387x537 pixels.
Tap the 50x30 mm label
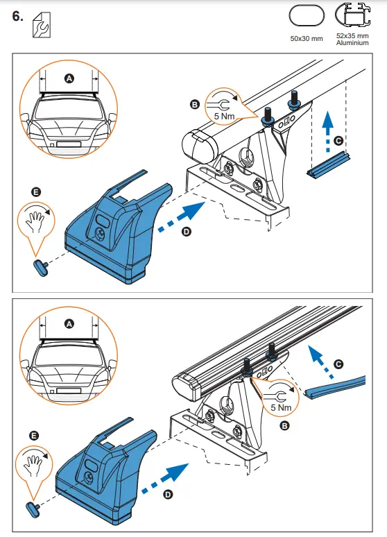(x=307, y=38)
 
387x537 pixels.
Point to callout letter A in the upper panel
(x=68, y=79)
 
